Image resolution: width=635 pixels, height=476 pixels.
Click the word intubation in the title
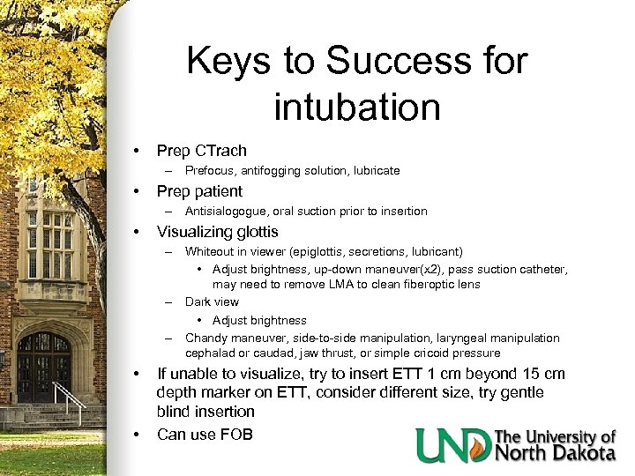click(x=357, y=106)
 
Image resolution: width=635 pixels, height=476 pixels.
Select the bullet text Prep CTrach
click(x=202, y=151)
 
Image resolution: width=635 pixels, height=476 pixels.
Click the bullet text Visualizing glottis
click(x=218, y=232)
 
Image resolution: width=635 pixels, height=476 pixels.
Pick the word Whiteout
click(x=210, y=252)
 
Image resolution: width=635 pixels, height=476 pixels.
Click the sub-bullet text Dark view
click(x=212, y=301)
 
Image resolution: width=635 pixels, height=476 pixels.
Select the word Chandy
click(x=205, y=338)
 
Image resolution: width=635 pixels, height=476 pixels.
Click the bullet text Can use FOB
click(x=205, y=434)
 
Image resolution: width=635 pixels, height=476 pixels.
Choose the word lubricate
click(x=375, y=170)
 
